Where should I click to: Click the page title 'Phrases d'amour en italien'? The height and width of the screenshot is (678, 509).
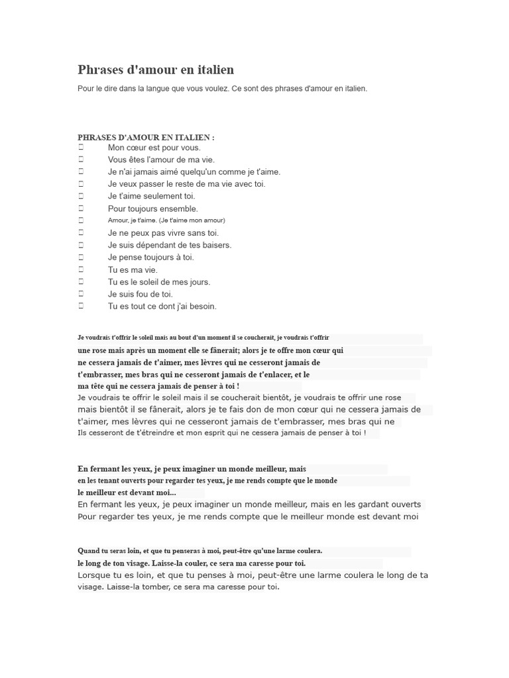pyautogui.click(x=156, y=70)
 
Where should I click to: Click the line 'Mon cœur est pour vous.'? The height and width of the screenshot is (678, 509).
pyautogui.click(x=154, y=148)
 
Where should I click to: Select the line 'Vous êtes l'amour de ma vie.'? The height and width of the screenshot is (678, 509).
pyautogui.click(x=161, y=160)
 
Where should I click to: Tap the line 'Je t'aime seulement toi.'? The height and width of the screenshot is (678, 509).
pyautogui.click(x=151, y=196)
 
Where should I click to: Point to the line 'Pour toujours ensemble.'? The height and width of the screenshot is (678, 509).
pyautogui.click(x=152, y=209)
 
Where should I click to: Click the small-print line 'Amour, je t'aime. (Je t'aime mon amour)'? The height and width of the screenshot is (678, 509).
pyautogui.click(x=166, y=220)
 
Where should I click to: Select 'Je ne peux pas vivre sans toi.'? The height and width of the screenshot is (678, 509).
pyautogui.click(x=163, y=233)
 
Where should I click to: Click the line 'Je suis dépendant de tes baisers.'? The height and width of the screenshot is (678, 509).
pyautogui.click(x=170, y=245)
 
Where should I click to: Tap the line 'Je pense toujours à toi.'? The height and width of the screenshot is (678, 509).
pyautogui.click(x=150, y=257)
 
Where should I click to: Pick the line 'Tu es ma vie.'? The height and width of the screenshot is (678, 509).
pyautogui.click(x=133, y=269)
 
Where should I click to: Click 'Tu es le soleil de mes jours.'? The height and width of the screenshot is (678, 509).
pyautogui.click(x=159, y=282)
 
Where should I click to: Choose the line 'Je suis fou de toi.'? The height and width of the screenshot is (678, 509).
pyautogui.click(x=140, y=294)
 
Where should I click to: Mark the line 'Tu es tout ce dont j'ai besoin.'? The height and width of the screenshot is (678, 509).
pyautogui.click(x=162, y=306)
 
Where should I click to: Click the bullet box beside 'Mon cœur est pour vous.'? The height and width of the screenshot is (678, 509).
pyautogui.click(x=81, y=148)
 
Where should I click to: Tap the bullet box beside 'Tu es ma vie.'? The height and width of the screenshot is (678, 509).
pyautogui.click(x=81, y=269)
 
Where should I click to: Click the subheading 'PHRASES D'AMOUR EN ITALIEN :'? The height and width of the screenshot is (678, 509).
pyautogui.click(x=146, y=138)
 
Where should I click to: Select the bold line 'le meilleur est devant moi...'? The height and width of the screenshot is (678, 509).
pyautogui.click(x=127, y=493)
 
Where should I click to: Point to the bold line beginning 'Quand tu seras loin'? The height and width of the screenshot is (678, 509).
pyautogui.click(x=200, y=550)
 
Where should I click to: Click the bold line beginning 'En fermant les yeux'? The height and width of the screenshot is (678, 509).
pyautogui.click(x=192, y=469)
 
